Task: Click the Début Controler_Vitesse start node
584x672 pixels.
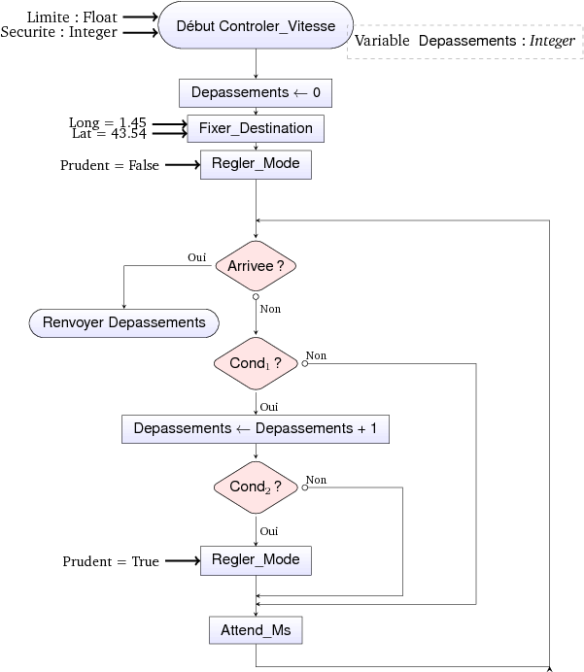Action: click(256, 24)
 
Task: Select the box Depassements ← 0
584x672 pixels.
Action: click(256, 93)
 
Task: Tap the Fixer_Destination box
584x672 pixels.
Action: click(256, 128)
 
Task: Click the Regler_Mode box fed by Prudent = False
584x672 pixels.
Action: click(256, 164)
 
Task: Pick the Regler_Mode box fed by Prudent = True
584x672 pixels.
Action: click(256, 560)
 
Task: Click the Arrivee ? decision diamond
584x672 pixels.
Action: click(256, 265)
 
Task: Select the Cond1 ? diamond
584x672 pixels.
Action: click(256, 363)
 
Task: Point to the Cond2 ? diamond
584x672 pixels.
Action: click(256, 487)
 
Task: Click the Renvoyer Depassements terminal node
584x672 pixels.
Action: click(124, 322)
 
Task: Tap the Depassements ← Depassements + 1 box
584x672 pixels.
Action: click(256, 428)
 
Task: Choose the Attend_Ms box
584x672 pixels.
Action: click(256, 631)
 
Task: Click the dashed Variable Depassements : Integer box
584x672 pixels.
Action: click(464, 41)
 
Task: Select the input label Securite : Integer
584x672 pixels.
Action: click(59, 32)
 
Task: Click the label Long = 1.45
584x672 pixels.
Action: click(108, 122)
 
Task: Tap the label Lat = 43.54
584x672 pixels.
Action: click(109, 133)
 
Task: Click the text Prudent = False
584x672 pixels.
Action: click(110, 165)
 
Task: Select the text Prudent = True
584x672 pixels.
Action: click(112, 561)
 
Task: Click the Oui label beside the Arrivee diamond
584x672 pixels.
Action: click(197, 257)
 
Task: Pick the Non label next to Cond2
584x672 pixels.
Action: click(317, 480)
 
